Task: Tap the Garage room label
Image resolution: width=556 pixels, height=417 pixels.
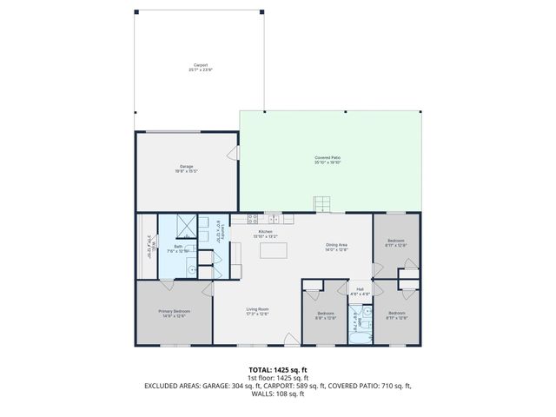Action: pos(187,168)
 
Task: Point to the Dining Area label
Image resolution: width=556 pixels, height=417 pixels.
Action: pos(336,247)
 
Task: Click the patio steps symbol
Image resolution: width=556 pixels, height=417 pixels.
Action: pos(322,204)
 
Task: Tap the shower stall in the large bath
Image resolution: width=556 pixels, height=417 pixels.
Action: pos(185,224)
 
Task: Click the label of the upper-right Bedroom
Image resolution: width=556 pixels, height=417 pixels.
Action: pos(395,242)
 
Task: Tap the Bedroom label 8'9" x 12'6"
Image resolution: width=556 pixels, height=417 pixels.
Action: pos(325,314)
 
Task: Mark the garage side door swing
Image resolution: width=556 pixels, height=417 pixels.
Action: pos(233,154)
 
